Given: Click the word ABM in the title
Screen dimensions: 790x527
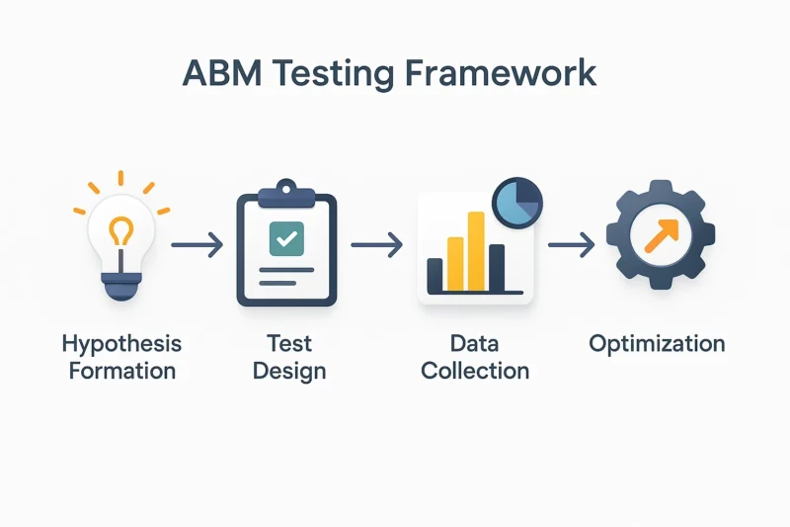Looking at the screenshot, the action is tap(221, 73).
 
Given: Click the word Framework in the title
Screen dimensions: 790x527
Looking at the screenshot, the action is tap(501, 73).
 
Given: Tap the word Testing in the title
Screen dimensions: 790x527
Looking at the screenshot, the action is tap(333, 74).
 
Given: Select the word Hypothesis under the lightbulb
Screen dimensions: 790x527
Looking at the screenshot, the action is tap(121, 344).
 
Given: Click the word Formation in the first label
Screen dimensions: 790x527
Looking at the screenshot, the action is tap(121, 371).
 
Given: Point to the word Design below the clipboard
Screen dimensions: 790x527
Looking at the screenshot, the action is tap(289, 372).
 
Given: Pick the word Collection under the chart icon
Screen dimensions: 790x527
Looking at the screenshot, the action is tap(475, 371).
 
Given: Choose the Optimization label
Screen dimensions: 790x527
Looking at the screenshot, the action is tap(657, 344).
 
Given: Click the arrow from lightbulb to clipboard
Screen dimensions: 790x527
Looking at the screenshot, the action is tap(197, 245).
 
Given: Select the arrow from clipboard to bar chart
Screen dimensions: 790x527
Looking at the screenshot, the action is tap(377, 245).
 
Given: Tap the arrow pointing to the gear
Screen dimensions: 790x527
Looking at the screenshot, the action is tap(572, 245).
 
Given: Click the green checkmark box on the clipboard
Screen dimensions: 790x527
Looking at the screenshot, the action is tap(286, 238).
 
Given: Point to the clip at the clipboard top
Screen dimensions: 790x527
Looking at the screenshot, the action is tap(286, 194).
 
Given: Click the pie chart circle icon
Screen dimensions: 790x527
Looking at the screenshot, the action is tap(517, 203).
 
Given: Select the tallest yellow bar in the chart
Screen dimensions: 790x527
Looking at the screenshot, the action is tap(476, 252).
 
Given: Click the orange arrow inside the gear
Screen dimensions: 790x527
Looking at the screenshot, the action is tap(662, 235).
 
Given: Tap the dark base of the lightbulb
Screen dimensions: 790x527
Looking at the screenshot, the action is tap(121, 286).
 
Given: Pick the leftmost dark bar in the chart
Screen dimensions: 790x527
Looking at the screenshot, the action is tap(434, 275).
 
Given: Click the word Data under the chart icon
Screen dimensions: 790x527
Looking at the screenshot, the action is tap(475, 344).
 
